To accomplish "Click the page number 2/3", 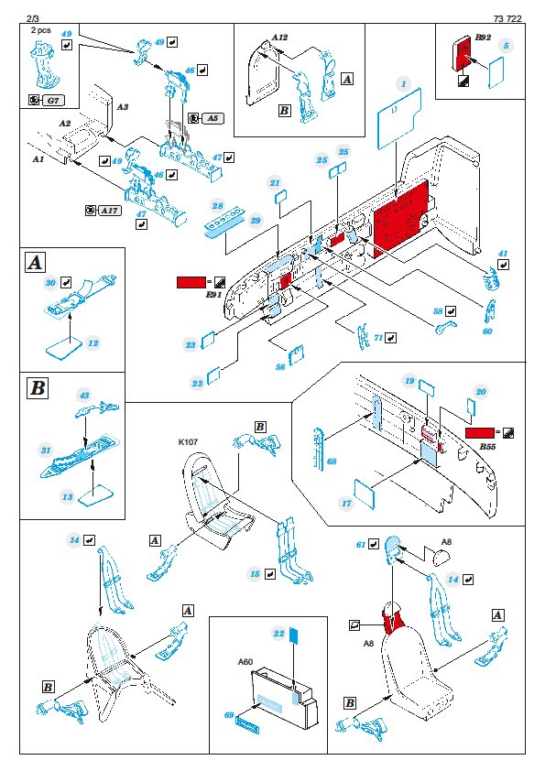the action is (x=32, y=18).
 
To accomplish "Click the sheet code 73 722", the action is (x=507, y=18).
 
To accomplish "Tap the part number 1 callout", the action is (x=403, y=84).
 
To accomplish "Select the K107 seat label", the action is (x=188, y=441).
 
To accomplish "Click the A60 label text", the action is (x=245, y=661).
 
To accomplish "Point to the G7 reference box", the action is (x=52, y=101).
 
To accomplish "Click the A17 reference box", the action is (x=110, y=211).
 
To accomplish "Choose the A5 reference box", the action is (x=212, y=118).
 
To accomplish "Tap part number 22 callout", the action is (x=278, y=634).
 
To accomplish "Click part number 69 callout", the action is (x=229, y=714).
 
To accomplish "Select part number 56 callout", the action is (x=280, y=367).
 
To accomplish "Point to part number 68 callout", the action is (x=332, y=462).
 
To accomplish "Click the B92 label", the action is (x=483, y=38).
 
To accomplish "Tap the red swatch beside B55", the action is (x=480, y=433).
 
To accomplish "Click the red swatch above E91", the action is (x=191, y=282).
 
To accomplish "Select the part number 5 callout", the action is (x=506, y=46).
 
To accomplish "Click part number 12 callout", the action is (x=93, y=343).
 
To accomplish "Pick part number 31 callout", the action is (x=46, y=450).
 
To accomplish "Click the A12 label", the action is (x=279, y=38).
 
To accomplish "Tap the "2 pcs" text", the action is (x=41, y=30).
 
